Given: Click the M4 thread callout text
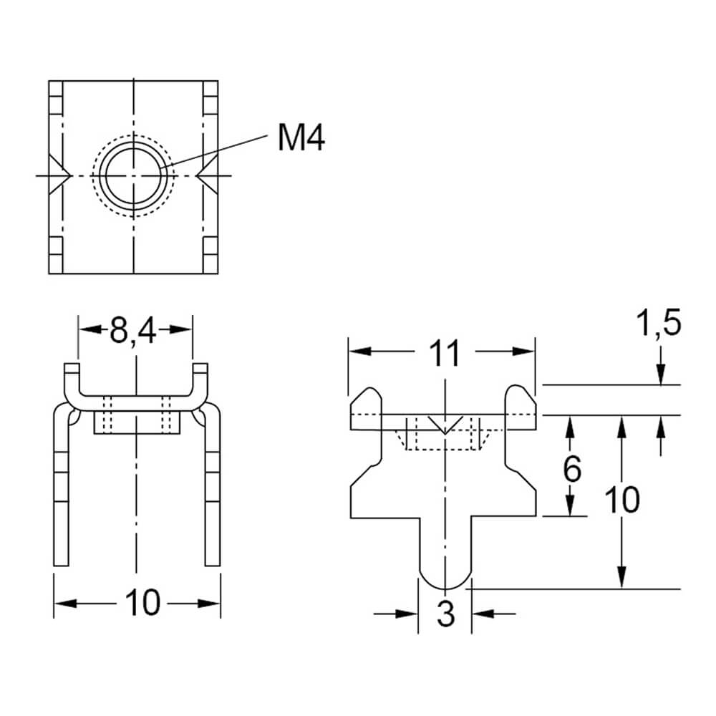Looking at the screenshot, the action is click(x=301, y=138).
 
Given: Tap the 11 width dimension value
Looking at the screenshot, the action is click(x=445, y=352).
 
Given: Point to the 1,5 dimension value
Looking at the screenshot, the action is click(x=659, y=323).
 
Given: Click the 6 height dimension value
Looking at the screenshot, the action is click(x=571, y=468).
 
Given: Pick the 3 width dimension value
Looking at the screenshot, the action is click(x=445, y=614).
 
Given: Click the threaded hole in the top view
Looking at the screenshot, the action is click(x=133, y=175).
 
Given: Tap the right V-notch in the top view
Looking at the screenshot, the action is click(x=207, y=175).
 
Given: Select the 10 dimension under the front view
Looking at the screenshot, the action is click(x=143, y=603).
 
